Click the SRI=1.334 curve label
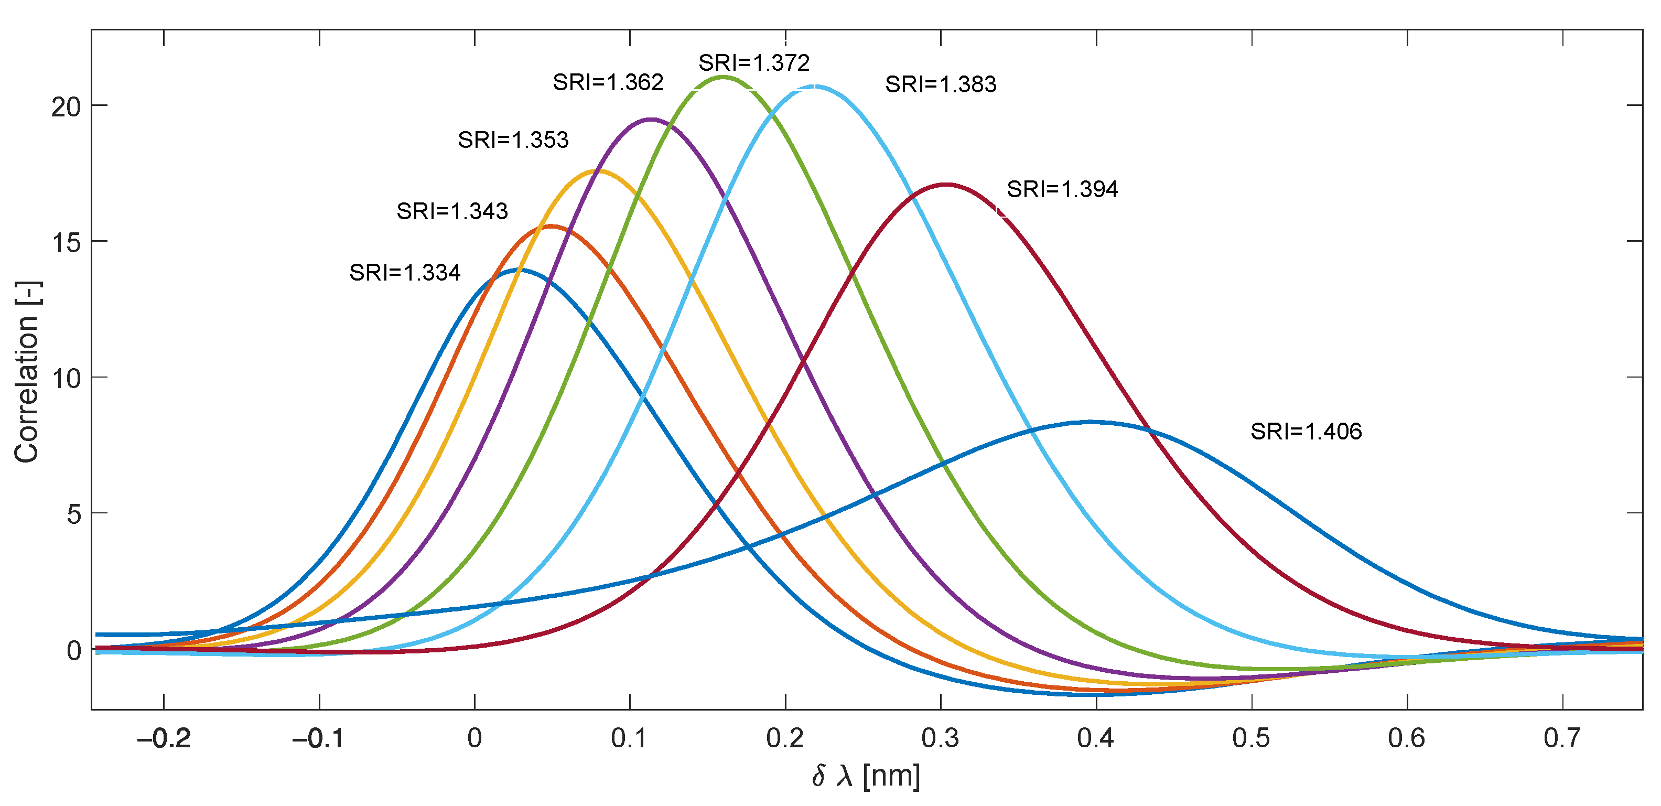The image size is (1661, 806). point(405,273)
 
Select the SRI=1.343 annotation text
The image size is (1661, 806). point(452,211)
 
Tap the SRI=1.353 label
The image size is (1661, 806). point(513,140)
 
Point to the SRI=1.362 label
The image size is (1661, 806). point(608,82)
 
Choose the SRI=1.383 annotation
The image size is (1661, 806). point(941,84)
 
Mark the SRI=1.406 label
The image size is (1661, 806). point(1306,432)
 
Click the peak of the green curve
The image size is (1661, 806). point(723,77)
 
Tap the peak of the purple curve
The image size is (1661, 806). point(651,119)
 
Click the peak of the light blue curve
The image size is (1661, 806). point(814,87)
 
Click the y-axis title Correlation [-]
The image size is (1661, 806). point(27,372)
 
